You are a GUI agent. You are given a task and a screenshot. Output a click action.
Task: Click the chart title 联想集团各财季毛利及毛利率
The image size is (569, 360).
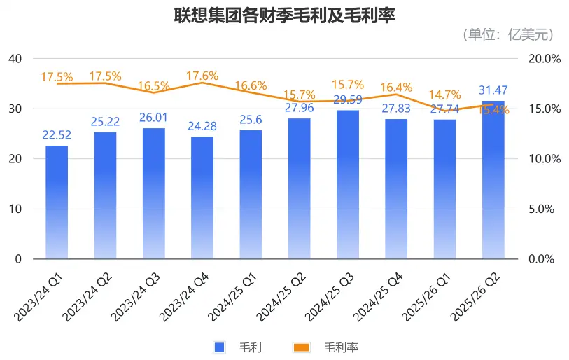(x=284, y=16)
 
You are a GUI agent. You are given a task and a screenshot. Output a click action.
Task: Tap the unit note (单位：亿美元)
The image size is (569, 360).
(x=507, y=34)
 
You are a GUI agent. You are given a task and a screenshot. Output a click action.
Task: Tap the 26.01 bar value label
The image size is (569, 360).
(x=153, y=118)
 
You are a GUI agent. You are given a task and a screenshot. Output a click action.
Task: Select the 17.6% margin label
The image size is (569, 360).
(x=202, y=76)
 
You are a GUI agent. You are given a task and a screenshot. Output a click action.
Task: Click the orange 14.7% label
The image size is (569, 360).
(x=444, y=95)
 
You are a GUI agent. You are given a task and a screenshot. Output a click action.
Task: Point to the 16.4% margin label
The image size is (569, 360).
(x=396, y=88)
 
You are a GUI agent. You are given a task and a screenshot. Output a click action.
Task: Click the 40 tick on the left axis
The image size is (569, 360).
(x=15, y=59)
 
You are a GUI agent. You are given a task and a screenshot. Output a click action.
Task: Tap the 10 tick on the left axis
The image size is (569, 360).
(x=15, y=209)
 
